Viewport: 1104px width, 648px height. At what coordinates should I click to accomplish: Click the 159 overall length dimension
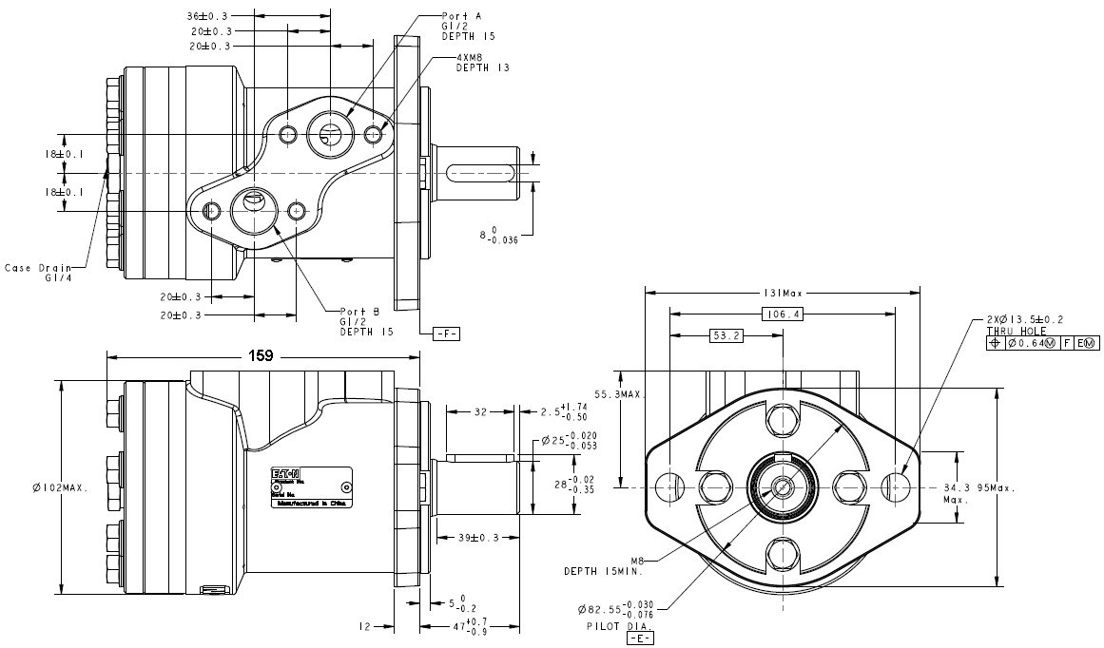[x=261, y=356]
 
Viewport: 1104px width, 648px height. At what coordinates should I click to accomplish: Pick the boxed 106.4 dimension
[x=783, y=314]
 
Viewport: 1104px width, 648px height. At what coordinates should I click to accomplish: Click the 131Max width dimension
[x=783, y=292]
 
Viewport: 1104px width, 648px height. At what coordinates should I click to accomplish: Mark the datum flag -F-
[x=445, y=334]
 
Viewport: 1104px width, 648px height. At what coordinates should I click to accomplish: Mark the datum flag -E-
[x=640, y=638]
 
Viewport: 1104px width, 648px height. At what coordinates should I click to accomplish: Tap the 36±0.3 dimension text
[x=206, y=16]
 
